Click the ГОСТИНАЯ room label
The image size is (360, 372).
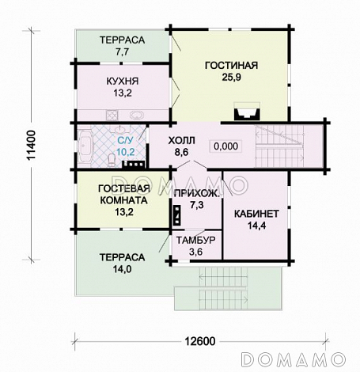pos(231,66)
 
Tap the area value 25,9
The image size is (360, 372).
pos(231,78)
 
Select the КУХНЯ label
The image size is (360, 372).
pos(123,81)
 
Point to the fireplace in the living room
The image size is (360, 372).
pos(247,112)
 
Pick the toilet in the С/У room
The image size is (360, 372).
pos(112,160)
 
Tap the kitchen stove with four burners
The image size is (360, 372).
pos(112,116)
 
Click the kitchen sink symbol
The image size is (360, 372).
pos(136,116)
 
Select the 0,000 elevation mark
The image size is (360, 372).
pos(225,146)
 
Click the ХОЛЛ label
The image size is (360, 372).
pos(182,141)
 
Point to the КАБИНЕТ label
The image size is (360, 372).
pos(256,214)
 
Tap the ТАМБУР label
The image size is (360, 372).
pos(195,241)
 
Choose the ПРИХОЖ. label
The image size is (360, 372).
pos(197,194)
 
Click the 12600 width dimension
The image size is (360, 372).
pos(200,341)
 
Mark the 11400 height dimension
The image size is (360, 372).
pos(32,145)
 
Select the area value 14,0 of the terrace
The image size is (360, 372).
pos(122,269)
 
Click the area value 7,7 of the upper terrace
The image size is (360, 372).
pos(122,51)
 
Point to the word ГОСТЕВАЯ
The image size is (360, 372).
pos(124,188)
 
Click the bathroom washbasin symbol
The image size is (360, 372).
pos(121,130)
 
